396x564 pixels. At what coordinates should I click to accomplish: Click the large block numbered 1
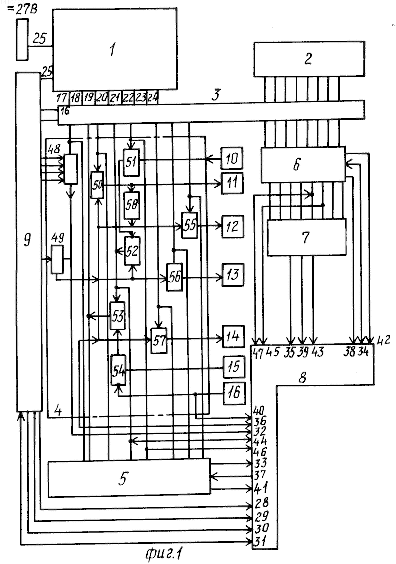[115, 49]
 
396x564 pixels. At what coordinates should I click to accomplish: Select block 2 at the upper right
[308, 59]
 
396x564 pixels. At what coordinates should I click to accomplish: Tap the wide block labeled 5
[129, 478]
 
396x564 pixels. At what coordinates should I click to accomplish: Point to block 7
[306, 237]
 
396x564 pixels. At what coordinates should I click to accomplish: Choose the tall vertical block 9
[28, 242]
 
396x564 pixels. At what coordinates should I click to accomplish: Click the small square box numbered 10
[232, 158]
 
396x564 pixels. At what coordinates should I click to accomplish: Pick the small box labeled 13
[233, 275]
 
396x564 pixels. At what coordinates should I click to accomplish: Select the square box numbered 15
[234, 367]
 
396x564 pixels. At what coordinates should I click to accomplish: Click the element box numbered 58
[132, 205]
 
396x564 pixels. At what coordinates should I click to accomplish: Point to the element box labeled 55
[190, 225]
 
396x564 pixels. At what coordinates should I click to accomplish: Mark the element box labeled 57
[159, 341]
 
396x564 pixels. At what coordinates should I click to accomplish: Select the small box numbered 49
[57, 259]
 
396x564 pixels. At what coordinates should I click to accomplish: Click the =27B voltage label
[22, 9]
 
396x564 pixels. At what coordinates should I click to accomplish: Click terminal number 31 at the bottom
[260, 540]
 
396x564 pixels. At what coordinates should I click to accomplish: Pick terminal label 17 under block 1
[62, 97]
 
